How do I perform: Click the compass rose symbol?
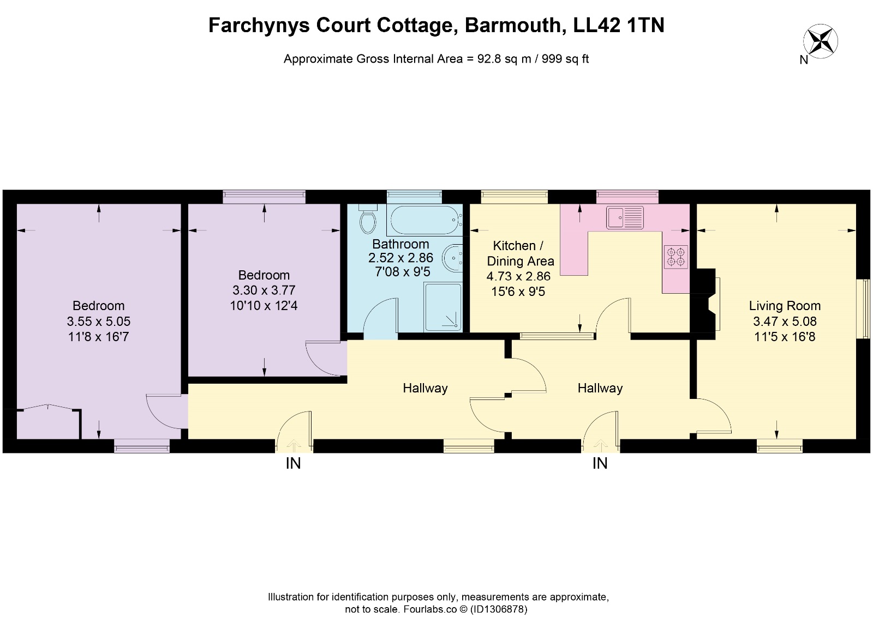pyautogui.click(x=821, y=41)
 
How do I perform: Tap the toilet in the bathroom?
pyautogui.click(x=368, y=219)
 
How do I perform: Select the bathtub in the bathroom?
pyautogui.click(x=424, y=220)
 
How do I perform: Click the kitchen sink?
pyautogui.click(x=625, y=217)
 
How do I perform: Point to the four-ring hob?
pyautogui.click(x=676, y=257)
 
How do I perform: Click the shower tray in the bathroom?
pyautogui.click(x=443, y=307)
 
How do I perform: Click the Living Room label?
pyautogui.click(x=785, y=306)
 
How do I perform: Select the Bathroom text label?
pyautogui.click(x=400, y=244)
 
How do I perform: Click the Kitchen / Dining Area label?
pyautogui.click(x=520, y=253)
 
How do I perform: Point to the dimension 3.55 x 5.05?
pyautogui.click(x=98, y=321)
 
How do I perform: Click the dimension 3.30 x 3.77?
pyautogui.click(x=264, y=290)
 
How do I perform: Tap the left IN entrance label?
pyautogui.click(x=293, y=463)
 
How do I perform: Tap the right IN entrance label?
pyautogui.click(x=600, y=463)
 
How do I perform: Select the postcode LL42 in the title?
pyautogui.click(x=597, y=25)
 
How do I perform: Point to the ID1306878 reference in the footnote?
pyautogui.click(x=499, y=609)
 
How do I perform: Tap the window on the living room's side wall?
pyautogui.click(x=865, y=308)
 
